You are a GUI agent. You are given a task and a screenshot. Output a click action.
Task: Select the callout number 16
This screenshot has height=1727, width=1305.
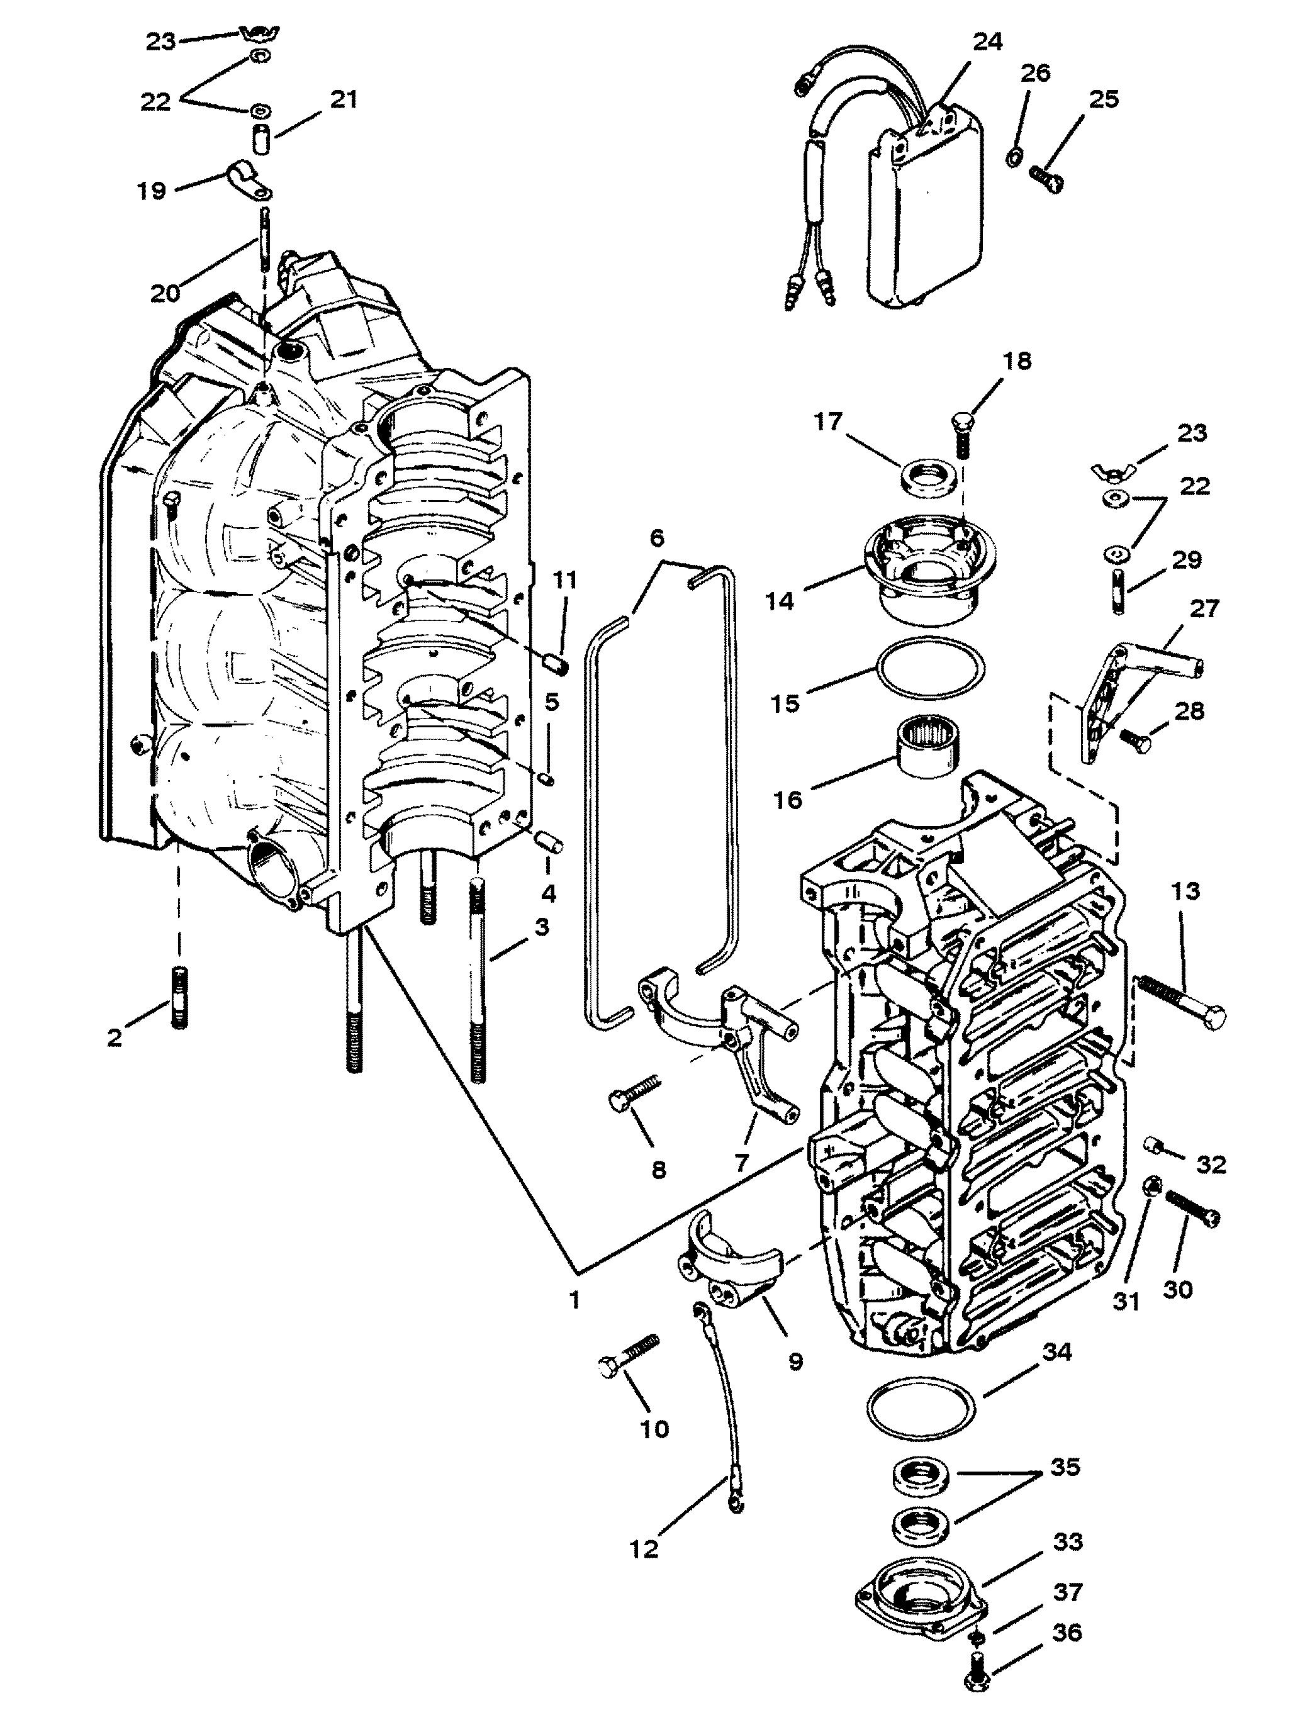(788, 800)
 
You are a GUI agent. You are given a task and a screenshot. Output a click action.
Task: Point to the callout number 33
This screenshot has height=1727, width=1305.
(1068, 1542)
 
